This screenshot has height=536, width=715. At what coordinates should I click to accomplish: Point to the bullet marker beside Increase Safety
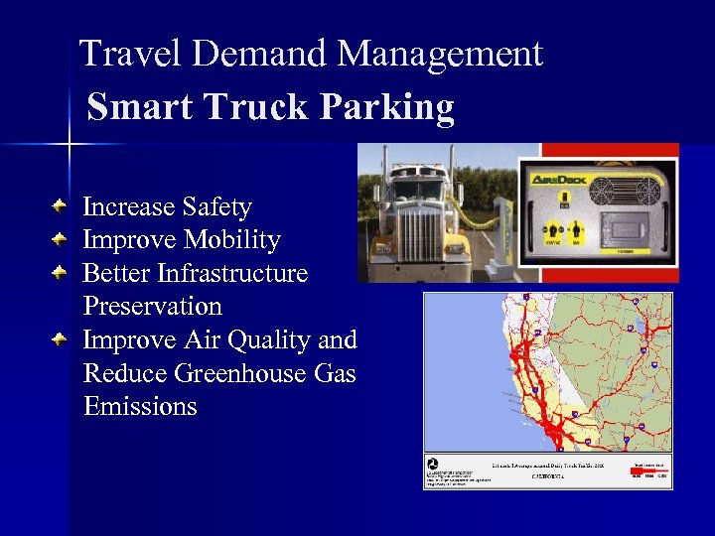tap(62, 206)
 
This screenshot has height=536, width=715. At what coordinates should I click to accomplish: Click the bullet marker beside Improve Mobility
tap(62, 239)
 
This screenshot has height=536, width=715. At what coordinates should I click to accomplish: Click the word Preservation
tap(153, 307)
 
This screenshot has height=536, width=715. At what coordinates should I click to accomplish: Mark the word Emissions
tap(140, 407)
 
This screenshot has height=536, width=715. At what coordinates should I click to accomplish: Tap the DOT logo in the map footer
tap(433, 464)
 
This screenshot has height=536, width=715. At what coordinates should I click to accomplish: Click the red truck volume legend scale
tap(649, 471)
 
